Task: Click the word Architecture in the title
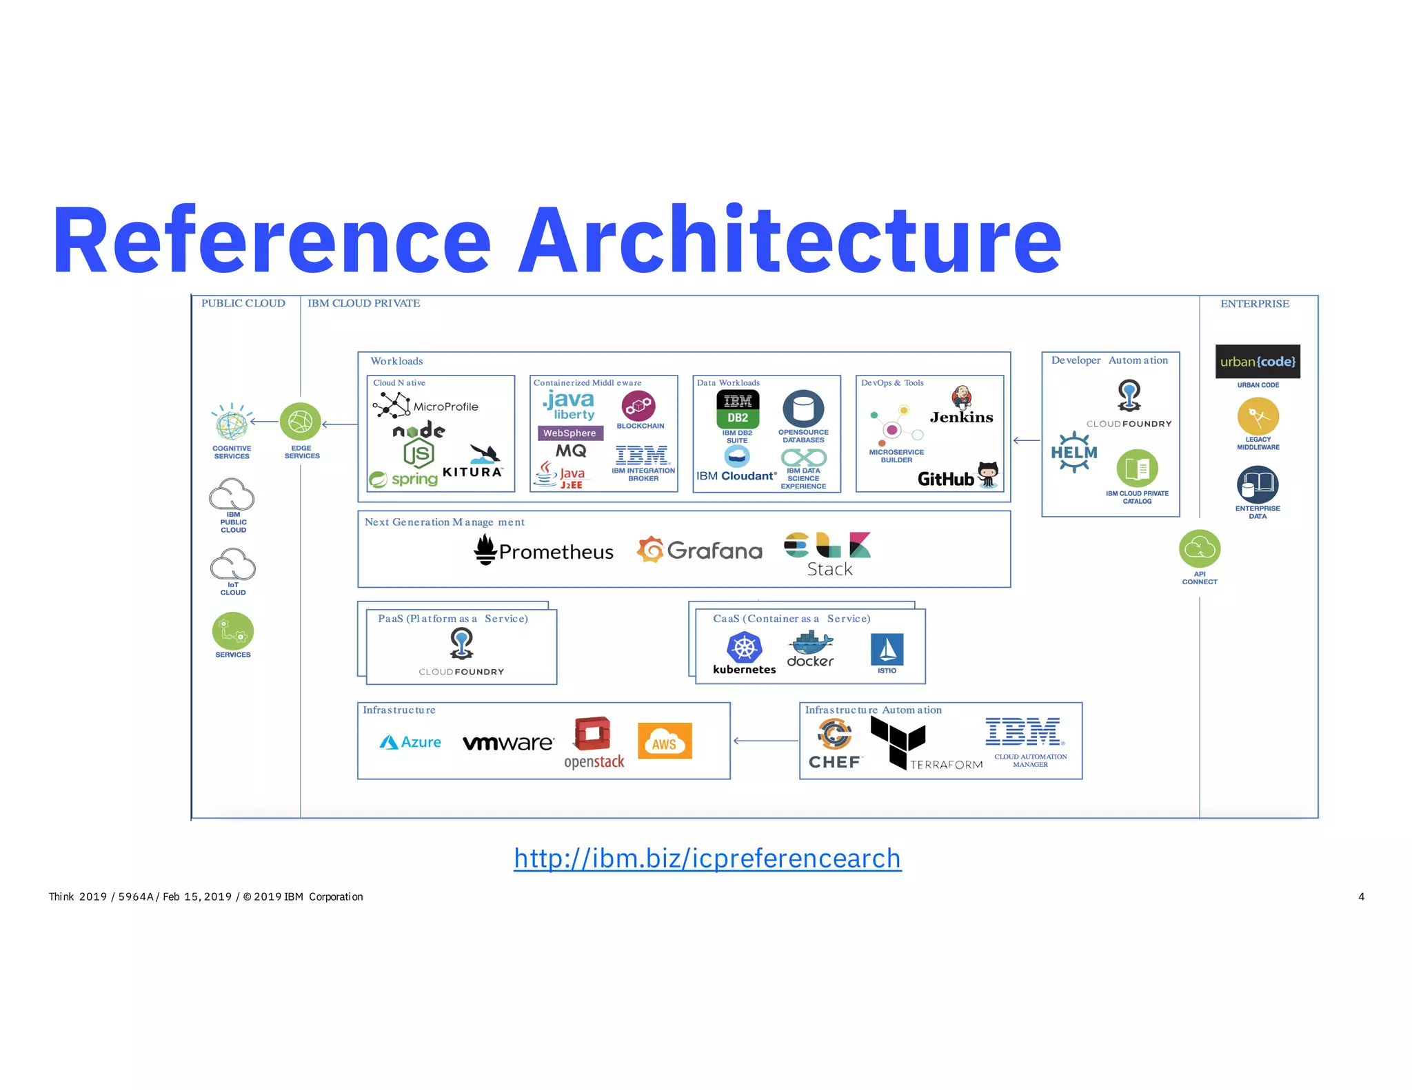click(789, 240)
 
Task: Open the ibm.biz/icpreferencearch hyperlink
click(707, 858)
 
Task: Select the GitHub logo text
click(946, 479)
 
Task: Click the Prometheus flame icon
click(485, 550)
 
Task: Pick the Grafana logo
click(699, 550)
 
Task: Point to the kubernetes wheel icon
click(744, 648)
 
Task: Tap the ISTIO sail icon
click(887, 649)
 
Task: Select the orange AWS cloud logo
click(665, 741)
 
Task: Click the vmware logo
click(508, 743)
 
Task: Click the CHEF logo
click(835, 743)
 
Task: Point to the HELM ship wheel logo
click(1073, 453)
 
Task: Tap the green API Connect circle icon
click(1200, 549)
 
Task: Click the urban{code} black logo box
click(1258, 362)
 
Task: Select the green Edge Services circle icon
click(301, 422)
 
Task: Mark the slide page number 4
click(1361, 896)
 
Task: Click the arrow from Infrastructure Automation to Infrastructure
click(765, 741)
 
